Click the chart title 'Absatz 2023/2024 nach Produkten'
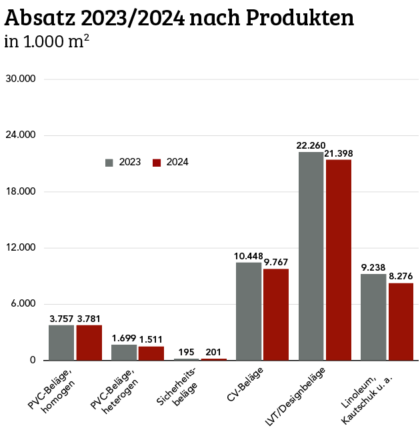(179, 18)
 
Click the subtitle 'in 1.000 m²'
(47, 42)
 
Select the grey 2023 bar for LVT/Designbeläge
(311, 256)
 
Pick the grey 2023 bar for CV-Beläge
(249, 311)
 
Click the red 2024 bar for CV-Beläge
(276, 315)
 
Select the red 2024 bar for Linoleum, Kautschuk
(401, 321)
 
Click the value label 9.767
(276, 262)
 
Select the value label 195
(187, 352)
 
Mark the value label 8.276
(401, 276)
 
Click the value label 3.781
(89, 318)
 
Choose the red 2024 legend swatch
(157, 162)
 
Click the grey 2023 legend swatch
(110, 162)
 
